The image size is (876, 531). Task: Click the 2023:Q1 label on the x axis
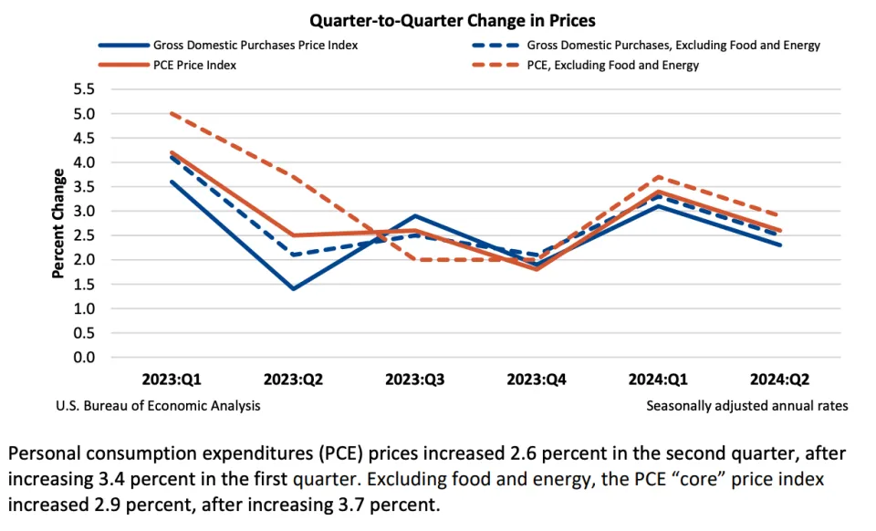(x=172, y=379)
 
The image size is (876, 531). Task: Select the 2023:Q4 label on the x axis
(x=537, y=379)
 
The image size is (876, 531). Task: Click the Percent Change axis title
(x=58, y=223)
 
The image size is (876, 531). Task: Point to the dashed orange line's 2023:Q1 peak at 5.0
(x=172, y=114)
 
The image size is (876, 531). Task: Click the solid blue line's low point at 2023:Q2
(x=294, y=289)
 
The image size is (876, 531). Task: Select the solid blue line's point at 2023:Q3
(x=415, y=216)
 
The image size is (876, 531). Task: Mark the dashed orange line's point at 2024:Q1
(x=659, y=177)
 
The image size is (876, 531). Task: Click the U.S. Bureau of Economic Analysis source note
(x=158, y=405)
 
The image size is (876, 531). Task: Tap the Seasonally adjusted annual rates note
(x=746, y=405)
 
